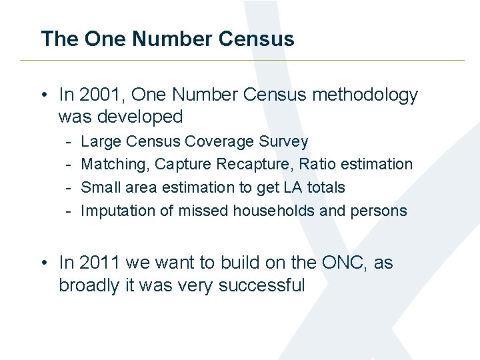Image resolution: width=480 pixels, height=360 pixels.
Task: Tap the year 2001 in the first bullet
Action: coord(97,95)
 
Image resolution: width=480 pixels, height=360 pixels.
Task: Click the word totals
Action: coord(327,187)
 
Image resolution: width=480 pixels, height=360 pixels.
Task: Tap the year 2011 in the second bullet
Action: coord(97,263)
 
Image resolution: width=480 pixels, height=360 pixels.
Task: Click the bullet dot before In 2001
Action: coord(44,96)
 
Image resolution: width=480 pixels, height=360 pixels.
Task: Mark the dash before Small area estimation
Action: coord(69,188)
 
